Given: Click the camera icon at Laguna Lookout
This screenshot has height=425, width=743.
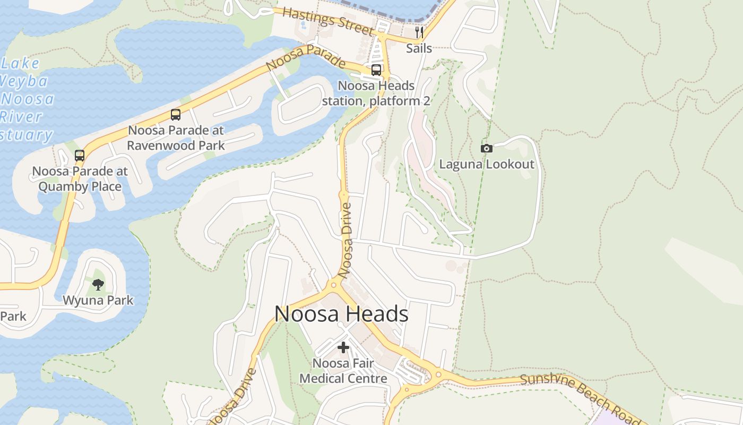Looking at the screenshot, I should [486, 148].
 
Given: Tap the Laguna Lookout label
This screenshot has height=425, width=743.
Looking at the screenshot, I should [487, 164].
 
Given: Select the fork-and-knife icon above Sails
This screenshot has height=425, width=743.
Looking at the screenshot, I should [419, 32].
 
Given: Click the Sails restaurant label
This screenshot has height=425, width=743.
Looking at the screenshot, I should [419, 48].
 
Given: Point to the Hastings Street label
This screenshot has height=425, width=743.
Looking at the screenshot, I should [328, 21].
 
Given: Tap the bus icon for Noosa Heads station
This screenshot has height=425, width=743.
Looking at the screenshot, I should [376, 70].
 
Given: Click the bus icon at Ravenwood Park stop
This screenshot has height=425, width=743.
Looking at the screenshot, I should [176, 114].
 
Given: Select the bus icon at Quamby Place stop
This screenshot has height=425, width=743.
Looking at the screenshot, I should [80, 156].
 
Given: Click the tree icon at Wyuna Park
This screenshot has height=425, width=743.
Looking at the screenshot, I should [98, 285].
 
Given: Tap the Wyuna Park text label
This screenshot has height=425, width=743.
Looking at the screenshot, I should [98, 300].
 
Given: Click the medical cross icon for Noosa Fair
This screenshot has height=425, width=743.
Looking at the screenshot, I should [343, 347].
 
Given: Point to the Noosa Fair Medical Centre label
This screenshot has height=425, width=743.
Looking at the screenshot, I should [343, 371].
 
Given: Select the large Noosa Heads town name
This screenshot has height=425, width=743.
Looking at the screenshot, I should [341, 314].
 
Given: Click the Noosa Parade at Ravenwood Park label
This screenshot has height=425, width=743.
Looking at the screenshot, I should [176, 138].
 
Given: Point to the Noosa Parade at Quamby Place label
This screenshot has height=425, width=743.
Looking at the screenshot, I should [80, 179].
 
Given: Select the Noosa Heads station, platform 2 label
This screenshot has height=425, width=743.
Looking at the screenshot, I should [376, 93].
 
